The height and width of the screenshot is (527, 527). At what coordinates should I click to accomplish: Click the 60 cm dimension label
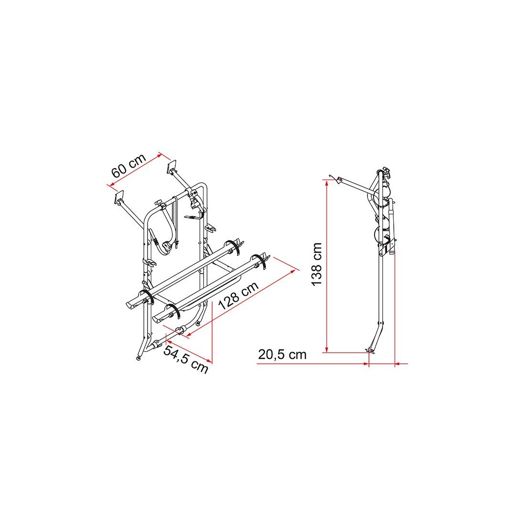tap(129, 166)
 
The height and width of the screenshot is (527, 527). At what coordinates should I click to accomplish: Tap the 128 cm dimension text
tap(238, 295)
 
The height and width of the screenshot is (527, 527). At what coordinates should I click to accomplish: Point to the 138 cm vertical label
tap(317, 264)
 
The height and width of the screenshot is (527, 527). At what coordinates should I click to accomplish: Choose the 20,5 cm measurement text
tap(282, 355)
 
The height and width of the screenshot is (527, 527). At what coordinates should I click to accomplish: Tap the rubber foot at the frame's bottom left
tap(138, 358)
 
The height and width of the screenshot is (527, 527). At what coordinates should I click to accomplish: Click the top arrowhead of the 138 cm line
tap(326, 183)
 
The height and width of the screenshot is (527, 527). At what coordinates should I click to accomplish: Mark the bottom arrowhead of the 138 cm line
tap(326, 350)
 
